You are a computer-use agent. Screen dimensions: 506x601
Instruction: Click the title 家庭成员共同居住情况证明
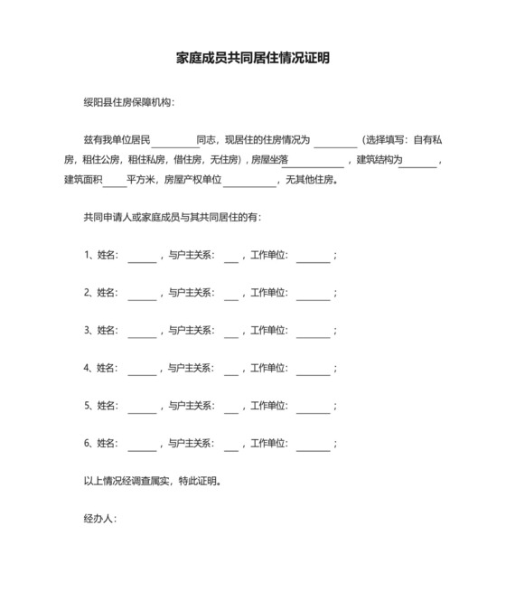tap(252, 58)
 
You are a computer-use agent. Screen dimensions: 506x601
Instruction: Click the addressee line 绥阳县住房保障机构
tap(128, 102)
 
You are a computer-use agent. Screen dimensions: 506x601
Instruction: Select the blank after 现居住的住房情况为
tap(335, 141)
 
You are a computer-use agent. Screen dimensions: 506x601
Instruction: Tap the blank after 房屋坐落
tap(313, 161)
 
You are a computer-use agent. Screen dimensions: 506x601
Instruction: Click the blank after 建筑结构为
tap(417, 161)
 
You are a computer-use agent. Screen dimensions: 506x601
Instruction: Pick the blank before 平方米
tap(115, 180)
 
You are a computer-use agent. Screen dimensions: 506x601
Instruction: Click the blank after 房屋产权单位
tap(249, 180)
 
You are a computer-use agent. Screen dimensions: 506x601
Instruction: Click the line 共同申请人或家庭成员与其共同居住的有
tap(173, 218)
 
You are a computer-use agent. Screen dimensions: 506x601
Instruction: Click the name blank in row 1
tap(142, 256)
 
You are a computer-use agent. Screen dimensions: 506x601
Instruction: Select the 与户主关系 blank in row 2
tap(230, 294)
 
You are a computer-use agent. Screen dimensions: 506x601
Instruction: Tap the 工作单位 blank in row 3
tap(314, 332)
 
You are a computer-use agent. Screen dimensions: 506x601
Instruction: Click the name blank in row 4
tap(142, 369)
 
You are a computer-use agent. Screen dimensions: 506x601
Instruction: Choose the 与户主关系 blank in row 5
tap(230, 407)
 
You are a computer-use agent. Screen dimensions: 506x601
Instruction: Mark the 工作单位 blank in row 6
tap(314, 445)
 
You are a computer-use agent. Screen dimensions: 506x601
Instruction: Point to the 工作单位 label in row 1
tap(268, 255)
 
